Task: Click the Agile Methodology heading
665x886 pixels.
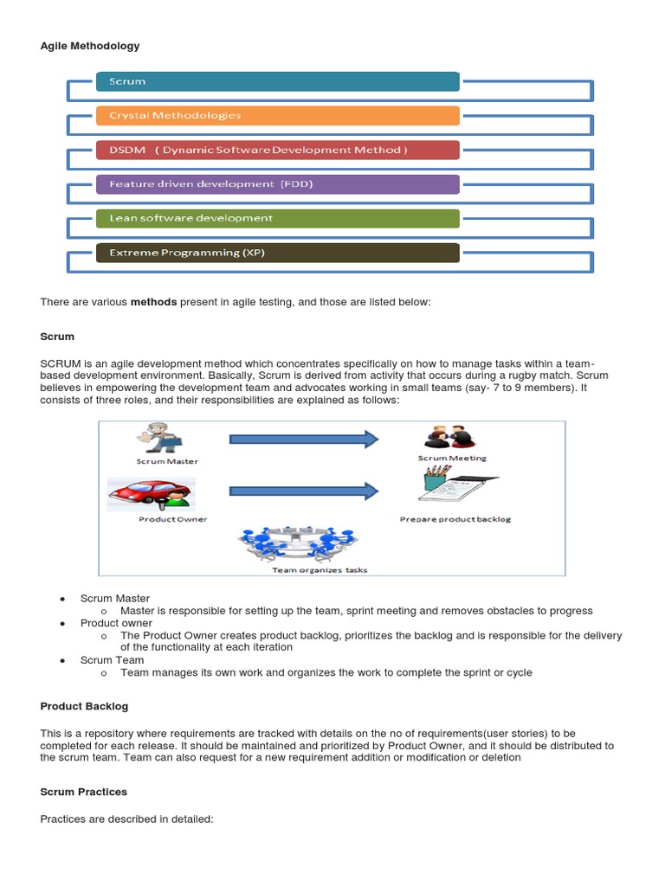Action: (x=90, y=46)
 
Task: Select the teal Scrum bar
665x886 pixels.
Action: (x=277, y=81)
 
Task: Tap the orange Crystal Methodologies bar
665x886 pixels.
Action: (x=277, y=115)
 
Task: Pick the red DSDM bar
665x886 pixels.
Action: (x=277, y=150)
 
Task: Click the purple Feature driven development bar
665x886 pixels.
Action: (x=277, y=184)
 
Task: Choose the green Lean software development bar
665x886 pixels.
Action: (x=277, y=218)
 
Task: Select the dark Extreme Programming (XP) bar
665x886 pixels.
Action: (x=277, y=253)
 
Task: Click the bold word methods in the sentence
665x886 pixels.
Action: (x=153, y=302)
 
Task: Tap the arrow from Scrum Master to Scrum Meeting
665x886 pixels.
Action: (x=304, y=440)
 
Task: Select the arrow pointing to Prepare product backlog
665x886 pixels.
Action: (x=304, y=491)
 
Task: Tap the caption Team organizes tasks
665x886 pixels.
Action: (x=307, y=569)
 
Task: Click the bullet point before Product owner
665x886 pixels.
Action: (x=62, y=623)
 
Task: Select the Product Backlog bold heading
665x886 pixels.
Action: (x=84, y=706)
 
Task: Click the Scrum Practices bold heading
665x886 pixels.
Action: (x=84, y=792)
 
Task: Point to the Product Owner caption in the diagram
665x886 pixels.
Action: (x=172, y=519)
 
